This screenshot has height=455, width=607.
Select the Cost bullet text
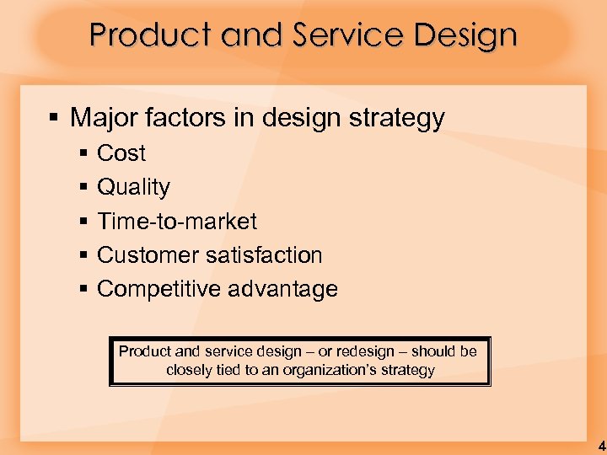click(x=121, y=153)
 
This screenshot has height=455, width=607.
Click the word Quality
click(x=133, y=188)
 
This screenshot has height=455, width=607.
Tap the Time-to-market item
click(x=177, y=222)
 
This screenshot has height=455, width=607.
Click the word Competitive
click(x=160, y=289)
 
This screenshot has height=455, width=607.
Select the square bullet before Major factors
click(x=54, y=117)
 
